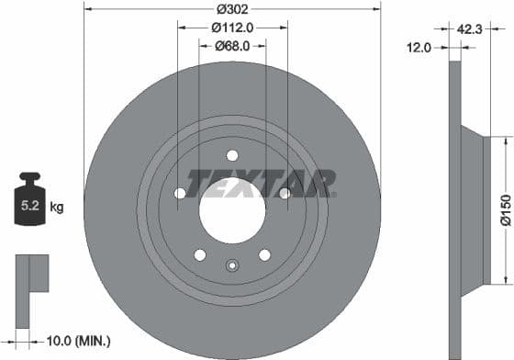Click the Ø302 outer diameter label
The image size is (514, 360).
(x=232, y=10)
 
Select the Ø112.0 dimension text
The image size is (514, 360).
(x=232, y=28)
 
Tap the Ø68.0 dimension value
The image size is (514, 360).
(x=233, y=45)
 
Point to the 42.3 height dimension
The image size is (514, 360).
(x=470, y=29)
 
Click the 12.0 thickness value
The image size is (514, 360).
(x=420, y=47)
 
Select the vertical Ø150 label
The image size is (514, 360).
(x=504, y=209)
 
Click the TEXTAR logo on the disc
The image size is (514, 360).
(x=262, y=183)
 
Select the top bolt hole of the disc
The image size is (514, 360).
(x=232, y=154)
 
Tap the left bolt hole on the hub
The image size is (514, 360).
(x=180, y=193)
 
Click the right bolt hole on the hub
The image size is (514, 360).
(x=285, y=193)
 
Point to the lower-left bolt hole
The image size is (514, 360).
(x=200, y=254)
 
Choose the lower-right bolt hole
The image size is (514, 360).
(x=264, y=254)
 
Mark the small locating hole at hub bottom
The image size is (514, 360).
(x=232, y=267)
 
